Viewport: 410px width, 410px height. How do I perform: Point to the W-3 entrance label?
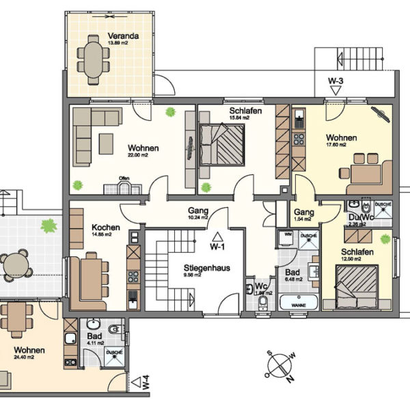pyautogui.click(x=335, y=81)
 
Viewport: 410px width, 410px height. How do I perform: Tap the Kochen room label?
pyautogui.click(x=107, y=228)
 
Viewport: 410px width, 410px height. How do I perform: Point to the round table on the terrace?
pyautogui.click(x=16, y=264)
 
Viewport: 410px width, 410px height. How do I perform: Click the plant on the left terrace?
pyautogui.click(x=48, y=223)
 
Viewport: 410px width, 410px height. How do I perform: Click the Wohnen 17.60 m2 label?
pyautogui.click(x=340, y=137)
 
